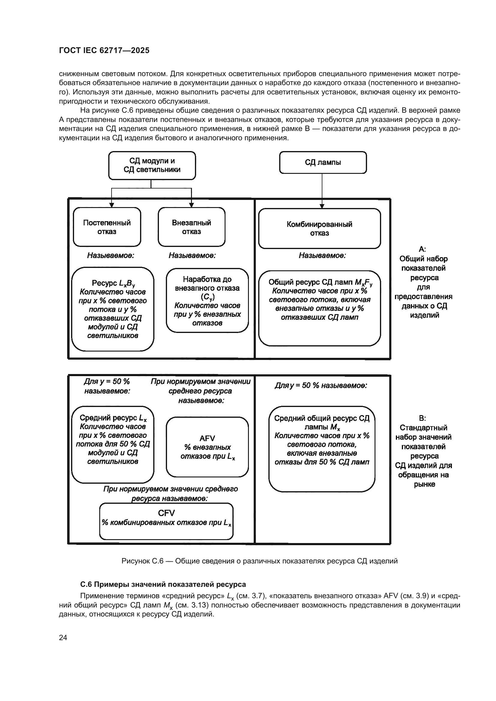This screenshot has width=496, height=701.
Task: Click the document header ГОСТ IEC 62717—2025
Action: tap(104, 50)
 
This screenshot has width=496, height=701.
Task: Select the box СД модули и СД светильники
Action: tap(152, 165)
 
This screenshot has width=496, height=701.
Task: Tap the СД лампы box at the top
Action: tap(323, 162)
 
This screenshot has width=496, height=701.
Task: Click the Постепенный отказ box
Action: tap(106, 227)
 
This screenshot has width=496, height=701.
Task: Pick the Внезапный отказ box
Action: tap(191, 227)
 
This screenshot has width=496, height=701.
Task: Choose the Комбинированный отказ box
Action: tap(319, 228)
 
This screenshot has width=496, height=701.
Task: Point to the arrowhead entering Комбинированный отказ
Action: tap(321, 206)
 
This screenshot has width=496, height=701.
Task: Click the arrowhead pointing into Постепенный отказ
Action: tap(112, 205)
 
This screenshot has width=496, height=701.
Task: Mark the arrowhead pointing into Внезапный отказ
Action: tap(192, 205)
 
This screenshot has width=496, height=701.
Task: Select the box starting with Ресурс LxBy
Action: tap(113, 309)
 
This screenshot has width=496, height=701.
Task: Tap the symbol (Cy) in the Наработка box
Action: tap(208, 296)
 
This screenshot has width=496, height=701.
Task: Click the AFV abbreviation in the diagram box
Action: tap(207, 438)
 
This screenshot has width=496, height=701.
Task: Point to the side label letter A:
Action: tap(423, 249)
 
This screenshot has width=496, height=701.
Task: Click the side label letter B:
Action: tap(423, 418)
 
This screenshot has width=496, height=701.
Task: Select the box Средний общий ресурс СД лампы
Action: tap(321, 449)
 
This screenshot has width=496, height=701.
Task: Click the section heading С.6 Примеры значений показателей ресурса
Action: tap(163, 584)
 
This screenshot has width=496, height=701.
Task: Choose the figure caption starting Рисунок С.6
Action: tap(259, 561)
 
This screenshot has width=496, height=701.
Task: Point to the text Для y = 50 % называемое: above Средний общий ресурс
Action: tap(321, 386)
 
